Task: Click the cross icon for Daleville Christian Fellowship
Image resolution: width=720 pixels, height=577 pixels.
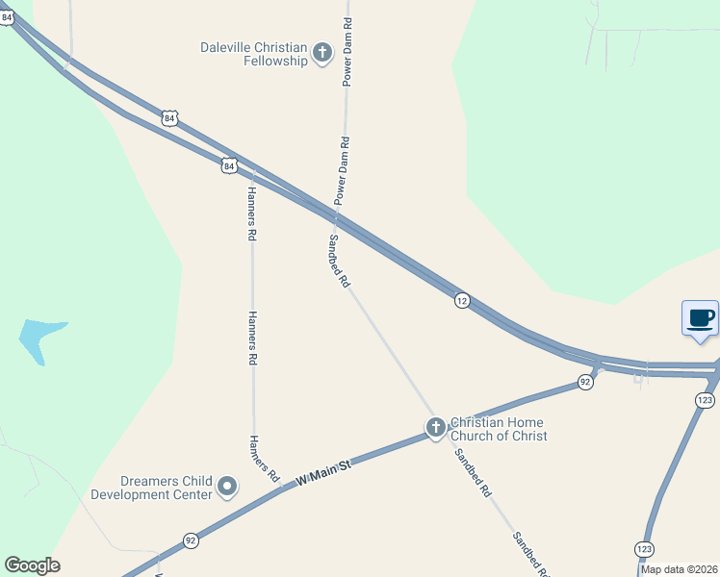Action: tap(322, 52)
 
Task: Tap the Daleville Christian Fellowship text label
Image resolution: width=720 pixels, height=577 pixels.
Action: tap(253, 54)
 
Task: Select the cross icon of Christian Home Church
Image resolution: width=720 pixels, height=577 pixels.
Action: tap(436, 427)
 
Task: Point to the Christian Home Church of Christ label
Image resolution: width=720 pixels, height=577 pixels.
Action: tap(499, 429)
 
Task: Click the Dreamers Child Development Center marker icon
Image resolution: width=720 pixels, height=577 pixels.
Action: tap(227, 488)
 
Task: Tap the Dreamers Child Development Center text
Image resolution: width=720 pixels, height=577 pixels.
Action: tap(151, 489)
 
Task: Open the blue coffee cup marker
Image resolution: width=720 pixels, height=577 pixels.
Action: tap(701, 317)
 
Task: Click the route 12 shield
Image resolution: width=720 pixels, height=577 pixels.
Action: tap(462, 301)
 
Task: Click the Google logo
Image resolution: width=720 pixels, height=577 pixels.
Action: tap(32, 565)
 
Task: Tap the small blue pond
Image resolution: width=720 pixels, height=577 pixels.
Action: tap(41, 339)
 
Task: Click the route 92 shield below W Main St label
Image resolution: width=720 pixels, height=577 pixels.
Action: tap(191, 540)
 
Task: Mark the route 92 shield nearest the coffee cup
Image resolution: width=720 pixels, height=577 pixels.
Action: tap(584, 382)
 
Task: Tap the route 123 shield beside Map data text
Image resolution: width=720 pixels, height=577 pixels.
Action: tap(642, 548)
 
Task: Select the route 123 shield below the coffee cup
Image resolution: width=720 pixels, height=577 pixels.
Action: tap(705, 399)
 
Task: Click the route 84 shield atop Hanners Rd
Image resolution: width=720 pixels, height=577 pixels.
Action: tap(228, 165)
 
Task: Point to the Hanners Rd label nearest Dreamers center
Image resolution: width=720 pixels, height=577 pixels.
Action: tap(263, 459)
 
